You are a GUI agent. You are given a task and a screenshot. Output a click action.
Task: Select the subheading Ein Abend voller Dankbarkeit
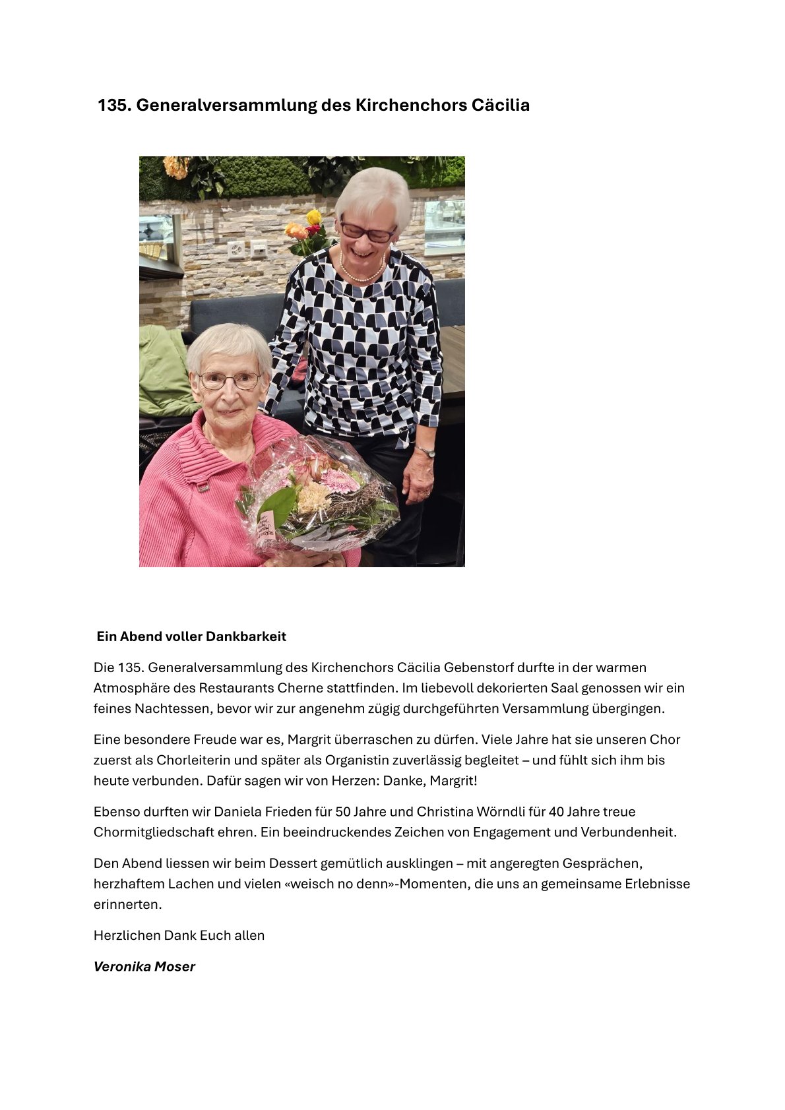coord(191,636)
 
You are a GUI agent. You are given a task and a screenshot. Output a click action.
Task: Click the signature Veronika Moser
coord(144,966)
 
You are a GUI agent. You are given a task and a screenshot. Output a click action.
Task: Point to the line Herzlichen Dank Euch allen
coord(179,935)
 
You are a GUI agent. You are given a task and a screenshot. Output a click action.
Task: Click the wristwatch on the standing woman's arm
coord(426,452)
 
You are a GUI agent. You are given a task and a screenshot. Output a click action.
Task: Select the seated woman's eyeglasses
coord(229,381)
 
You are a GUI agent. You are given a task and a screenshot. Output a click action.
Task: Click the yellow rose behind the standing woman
coord(314,217)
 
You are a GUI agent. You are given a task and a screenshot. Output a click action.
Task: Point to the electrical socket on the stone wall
coord(236,249)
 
